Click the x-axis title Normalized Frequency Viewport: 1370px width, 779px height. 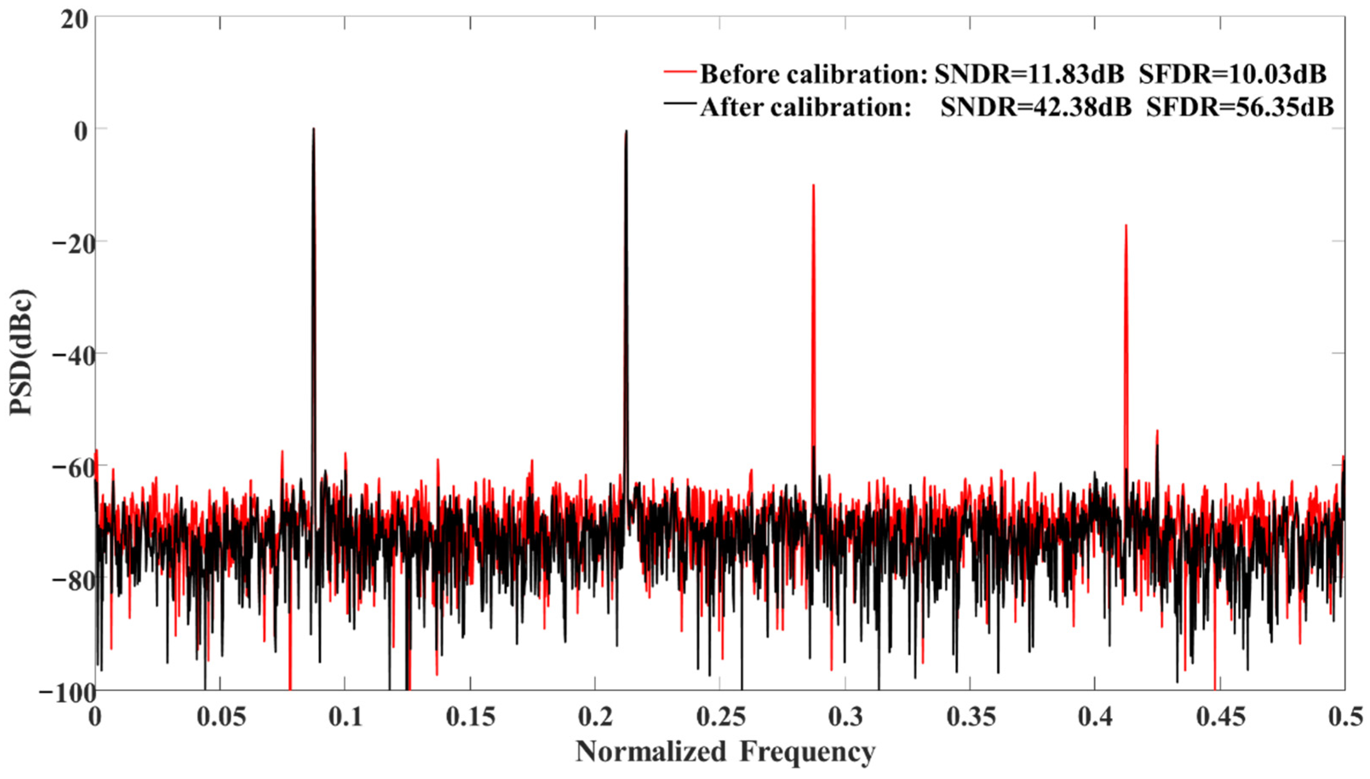click(725, 753)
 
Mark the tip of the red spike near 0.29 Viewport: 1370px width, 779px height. click(813, 185)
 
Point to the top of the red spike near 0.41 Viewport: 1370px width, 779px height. click(1126, 225)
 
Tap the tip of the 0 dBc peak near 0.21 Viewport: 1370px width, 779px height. click(626, 131)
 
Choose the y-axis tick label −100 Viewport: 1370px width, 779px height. click(64, 691)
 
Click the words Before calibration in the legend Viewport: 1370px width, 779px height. click(812, 74)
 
